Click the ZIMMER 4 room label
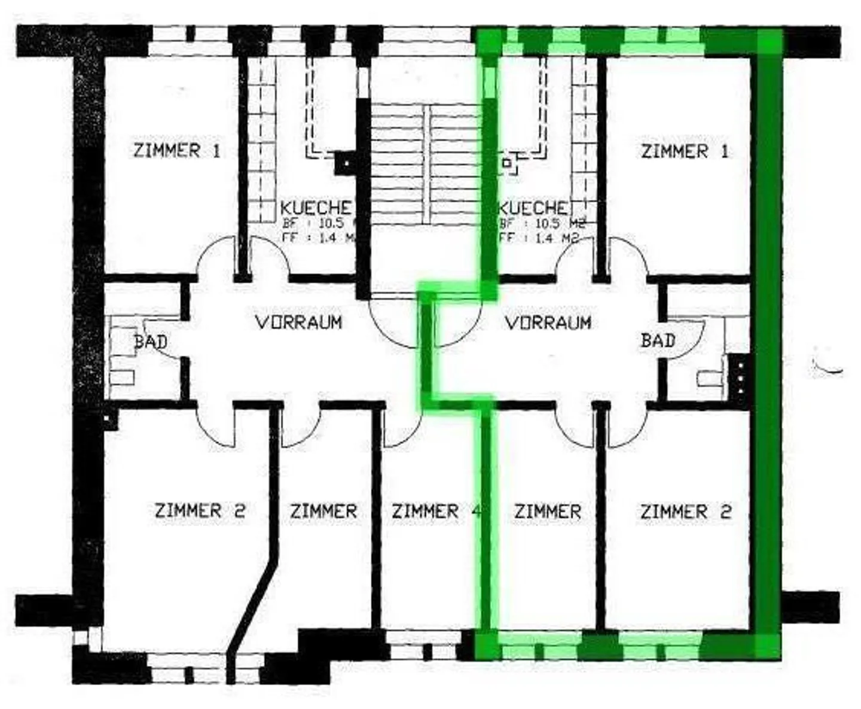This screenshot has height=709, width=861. tap(436, 512)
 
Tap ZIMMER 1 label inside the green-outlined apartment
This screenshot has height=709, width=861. tap(685, 151)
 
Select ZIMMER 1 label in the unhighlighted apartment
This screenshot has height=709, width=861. tap(176, 150)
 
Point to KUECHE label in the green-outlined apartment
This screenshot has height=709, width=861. tap(533, 208)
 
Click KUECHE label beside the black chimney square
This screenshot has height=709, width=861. tap(316, 208)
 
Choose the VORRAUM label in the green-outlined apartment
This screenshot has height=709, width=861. tap(548, 323)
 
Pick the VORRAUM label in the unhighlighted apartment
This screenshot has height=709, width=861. tap(298, 322)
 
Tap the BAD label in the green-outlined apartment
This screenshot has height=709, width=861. tap(658, 341)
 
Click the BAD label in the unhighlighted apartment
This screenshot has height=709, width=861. tap(150, 342)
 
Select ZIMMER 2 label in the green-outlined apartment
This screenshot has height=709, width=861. tap(685, 512)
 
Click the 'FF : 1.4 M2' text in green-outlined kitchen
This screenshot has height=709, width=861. tap(540, 238)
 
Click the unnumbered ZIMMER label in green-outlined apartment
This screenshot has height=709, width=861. tap(547, 512)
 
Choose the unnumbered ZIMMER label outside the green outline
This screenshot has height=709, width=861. tap(323, 512)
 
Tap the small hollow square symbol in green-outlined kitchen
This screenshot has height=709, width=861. tap(507, 162)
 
